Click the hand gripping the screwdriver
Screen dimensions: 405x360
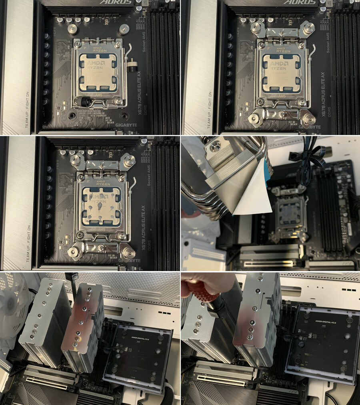click(208, 282)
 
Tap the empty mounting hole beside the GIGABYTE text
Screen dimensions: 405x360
click(124, 116)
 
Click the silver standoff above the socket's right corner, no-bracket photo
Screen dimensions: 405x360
click(124, 29)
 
